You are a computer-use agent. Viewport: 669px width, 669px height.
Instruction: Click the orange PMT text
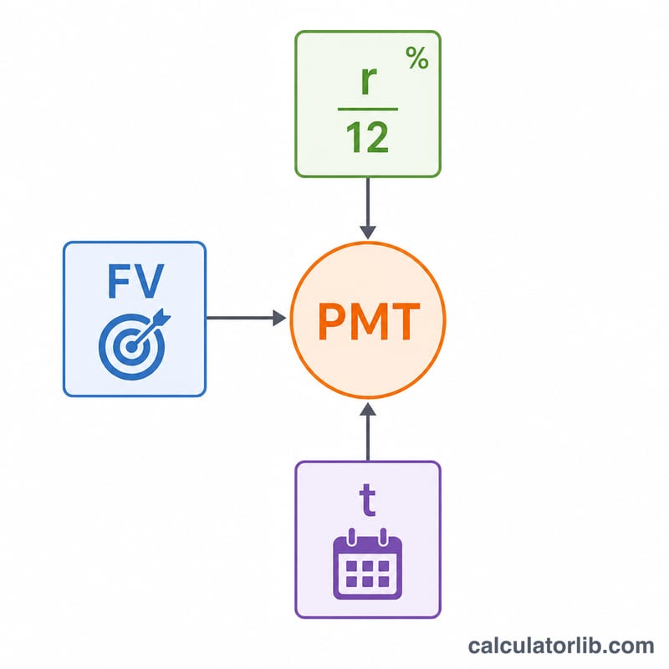[x=369, y=321]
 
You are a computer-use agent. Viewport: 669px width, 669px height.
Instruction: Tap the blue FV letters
[x=135, y=281]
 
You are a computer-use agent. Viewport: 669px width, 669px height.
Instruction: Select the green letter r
[x=369, y=79]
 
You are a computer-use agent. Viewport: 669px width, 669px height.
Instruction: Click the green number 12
[x=367, y=137]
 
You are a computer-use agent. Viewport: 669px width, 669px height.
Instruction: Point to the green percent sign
[x=416, y=58]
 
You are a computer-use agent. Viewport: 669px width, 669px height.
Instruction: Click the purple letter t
[x=367, y=499]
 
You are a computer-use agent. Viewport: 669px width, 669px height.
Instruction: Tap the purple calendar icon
[x=367, y=564]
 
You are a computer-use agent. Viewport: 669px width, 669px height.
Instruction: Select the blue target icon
[x=134, y=344]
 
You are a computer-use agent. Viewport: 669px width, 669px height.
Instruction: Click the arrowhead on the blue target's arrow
[x=161, y=318]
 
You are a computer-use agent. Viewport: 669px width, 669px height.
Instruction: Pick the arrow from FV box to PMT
[x=246, y=318]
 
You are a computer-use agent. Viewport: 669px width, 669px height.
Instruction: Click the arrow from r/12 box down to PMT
[x=368, y=208]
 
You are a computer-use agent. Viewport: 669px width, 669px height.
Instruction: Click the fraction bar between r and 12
[x=368, y=110]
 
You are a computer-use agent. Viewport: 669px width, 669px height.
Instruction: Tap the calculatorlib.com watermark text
[x=560, y=646]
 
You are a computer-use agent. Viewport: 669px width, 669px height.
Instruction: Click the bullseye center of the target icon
[x=131, y=347]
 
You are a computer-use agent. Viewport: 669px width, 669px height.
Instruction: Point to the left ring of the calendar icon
[x=351, y=536]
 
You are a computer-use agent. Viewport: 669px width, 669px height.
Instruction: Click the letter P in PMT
[x=331, y=321]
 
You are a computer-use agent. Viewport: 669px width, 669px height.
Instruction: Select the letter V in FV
[x=150, y=281]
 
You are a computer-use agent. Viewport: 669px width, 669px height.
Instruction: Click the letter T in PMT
[x=406, y=321]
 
